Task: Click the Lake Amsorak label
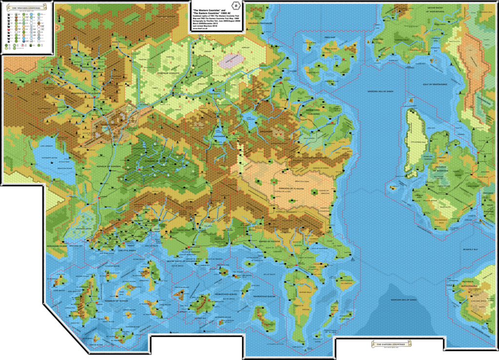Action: pos(40,146)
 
